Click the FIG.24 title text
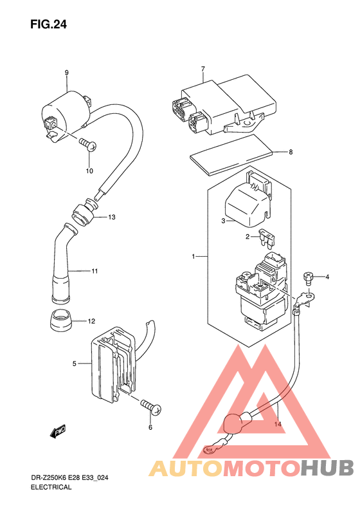(48, 24)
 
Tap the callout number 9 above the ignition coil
(66, 73)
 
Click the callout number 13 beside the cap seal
(112, 217)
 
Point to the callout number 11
(94, 271)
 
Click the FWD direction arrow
(59, 431)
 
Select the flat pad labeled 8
(231, 155)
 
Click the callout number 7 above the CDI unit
(203, 69)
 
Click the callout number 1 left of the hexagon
(194, 257)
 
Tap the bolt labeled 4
(307, 278)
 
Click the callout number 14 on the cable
(278, 424)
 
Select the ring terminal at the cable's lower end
(208, 450)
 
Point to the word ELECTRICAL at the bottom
(51, 487)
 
